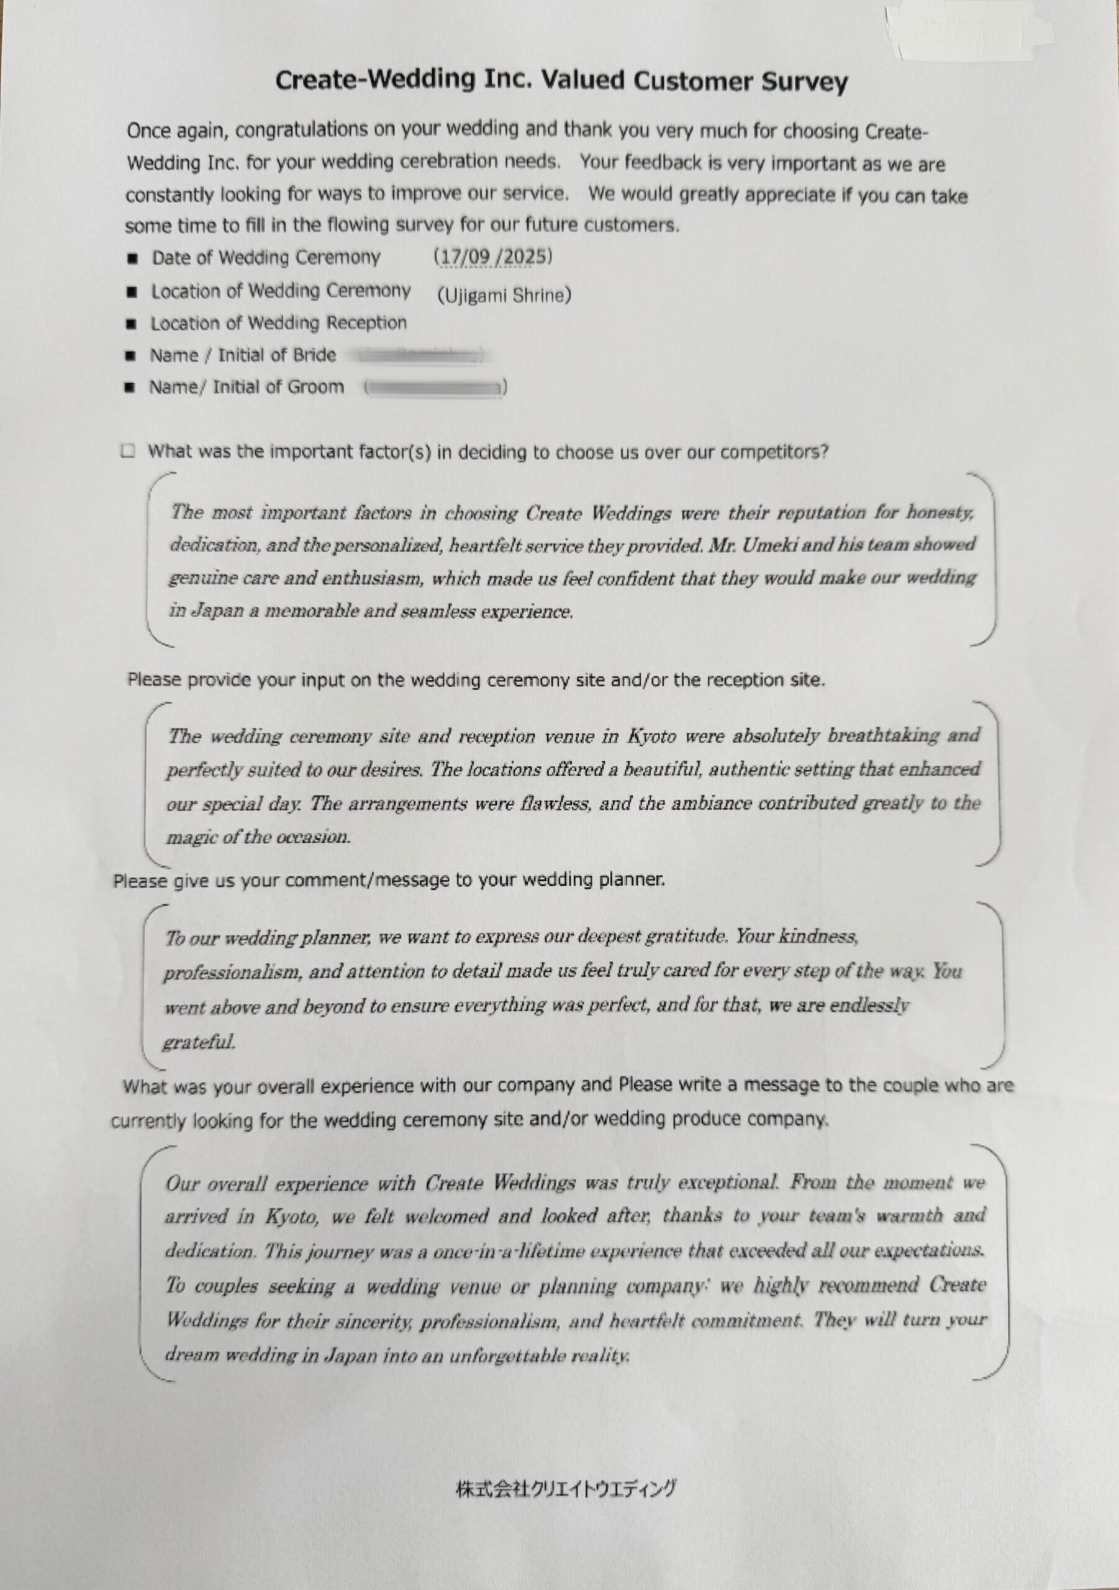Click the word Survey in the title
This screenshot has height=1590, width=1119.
pos(804,82)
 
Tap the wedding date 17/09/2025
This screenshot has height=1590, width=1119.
pos(493,257)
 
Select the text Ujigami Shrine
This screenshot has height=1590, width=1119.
pos(504,296)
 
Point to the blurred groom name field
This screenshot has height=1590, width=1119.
pos(435,388)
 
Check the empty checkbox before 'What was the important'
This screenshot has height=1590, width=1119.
pos(127,452)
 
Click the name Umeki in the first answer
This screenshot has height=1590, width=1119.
pos(769,545)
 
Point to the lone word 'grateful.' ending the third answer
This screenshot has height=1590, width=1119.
pos(199,1042)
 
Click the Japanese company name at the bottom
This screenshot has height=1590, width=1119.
pos(566,1488)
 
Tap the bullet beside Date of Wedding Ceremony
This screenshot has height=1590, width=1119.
pos(132,259)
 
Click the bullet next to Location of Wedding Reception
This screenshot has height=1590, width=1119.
pos(131,324)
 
